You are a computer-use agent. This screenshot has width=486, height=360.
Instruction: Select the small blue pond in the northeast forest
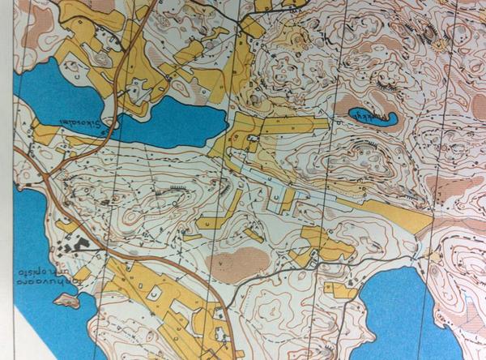[x=372, y=117]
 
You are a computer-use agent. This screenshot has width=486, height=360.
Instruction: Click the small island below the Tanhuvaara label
[x=66, y=301]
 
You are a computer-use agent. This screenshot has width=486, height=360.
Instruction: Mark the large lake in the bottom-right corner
[x=397, y=312]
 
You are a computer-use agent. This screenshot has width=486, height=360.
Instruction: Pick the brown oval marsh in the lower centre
[x=237, y=264]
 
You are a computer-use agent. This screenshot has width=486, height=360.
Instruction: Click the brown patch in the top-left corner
[x=36, y=32]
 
